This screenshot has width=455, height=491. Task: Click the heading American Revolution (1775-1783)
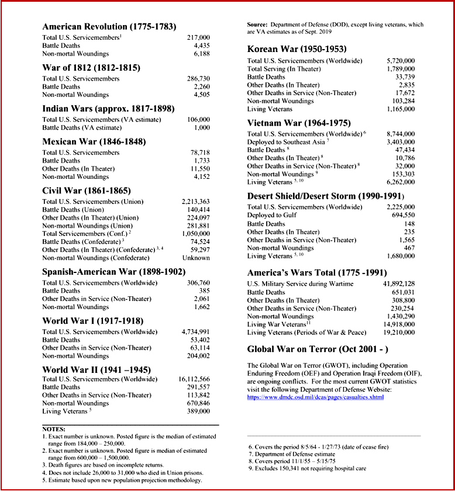(x=109, y=27)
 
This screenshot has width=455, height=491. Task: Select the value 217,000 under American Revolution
(x=198, y=37)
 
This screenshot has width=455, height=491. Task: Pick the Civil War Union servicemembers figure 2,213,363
(x=196, y=202)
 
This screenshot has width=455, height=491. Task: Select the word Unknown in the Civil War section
(x=197, y=258)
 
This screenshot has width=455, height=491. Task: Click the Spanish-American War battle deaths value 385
(x=204, y=291)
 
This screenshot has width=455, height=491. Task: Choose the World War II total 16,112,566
(x=195, y=379)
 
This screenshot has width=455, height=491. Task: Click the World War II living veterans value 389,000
(x=198, y=412)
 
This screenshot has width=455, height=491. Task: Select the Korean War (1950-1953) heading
(x=297, y=49)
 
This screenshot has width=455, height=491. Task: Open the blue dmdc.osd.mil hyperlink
(x=316, y=397)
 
